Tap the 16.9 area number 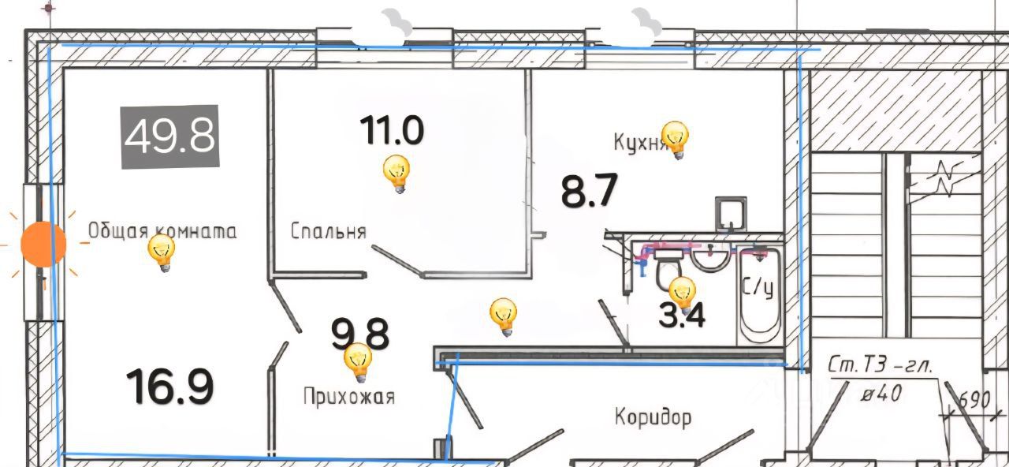(169, 386)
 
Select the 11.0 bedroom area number (392, 130)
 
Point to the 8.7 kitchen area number (588, 191)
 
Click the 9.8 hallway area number (359, 334)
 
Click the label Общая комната (162, 230)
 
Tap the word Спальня (328, 231)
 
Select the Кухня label (639, 142)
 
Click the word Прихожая (348, 396)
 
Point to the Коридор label (653, 416)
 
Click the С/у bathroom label (757, 288)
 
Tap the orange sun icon (43, 245)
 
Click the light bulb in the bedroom (397, 174)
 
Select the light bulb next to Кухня (675, 140)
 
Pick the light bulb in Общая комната (162, 253)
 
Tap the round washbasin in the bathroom (713, 257)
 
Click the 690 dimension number (974, 400)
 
